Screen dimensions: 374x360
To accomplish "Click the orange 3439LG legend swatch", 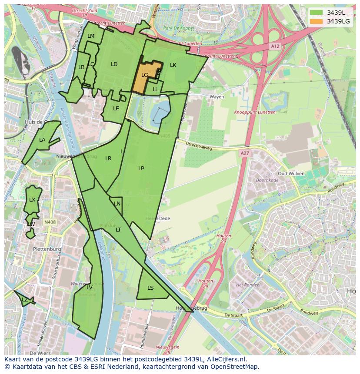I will tap(316, 21).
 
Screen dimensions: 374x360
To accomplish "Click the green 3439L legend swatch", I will tap(316, 13).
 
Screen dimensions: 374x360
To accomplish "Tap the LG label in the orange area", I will tap(145, 75).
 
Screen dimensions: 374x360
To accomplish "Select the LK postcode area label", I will tap(173, 65).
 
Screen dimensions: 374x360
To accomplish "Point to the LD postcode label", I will tap(114, 64).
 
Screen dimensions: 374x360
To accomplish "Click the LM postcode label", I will tap(91, 36).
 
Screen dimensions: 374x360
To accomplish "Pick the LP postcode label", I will tap(141, 169).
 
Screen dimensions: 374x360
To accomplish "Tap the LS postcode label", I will tap(150, 288).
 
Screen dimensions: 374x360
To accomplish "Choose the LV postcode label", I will tap(89, 288).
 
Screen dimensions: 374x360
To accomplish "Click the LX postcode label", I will tap(32, 200).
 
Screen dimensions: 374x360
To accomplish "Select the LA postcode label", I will tap(42, 140).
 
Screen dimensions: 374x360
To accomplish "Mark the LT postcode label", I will tap(118, 230).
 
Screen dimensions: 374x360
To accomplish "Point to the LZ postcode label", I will tap(25, 300).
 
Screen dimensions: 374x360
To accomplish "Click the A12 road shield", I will tap(274, 46).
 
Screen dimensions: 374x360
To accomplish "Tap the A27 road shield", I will tap(245, 153).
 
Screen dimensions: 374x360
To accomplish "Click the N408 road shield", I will tap(50, 222).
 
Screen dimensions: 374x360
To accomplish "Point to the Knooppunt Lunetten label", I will tap(255, 112).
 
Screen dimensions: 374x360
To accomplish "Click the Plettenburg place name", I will tap(47, 249).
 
